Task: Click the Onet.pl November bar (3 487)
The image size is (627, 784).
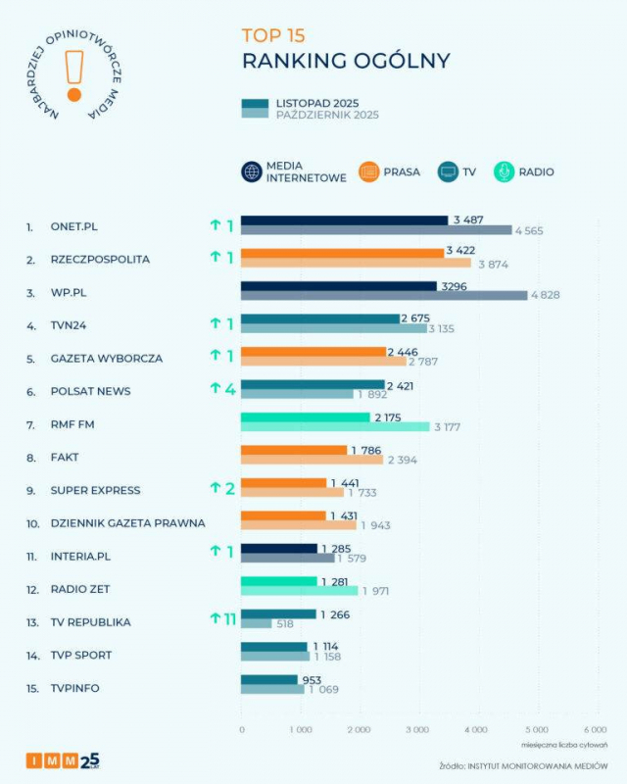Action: pyautogui.click(x=344, y=220)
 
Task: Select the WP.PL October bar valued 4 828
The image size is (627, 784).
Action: pyautogui.click(x=383, y=296)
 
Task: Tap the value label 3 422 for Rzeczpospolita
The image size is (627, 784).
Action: pyautogui.click(x=460, y=252)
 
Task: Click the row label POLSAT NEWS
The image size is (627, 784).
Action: pyautogui.click(x=90, y=391)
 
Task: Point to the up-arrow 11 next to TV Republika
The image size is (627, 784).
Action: pyautogui.click(x=222, y=618)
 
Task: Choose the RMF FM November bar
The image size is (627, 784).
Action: pyautogui.click(x=305, y=417)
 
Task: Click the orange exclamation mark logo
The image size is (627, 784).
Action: pyautogui.click(x=73, y=73)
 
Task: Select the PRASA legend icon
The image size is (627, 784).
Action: pyautogui.click(x=369, y=171)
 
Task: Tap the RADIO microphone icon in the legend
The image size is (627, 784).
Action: pyautogui.click(x=504, y=171)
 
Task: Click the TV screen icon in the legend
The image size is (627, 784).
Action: pyautogui.click(x=449, y=171)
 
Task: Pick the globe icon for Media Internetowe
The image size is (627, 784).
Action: pyautogui.click(x=251, y=171)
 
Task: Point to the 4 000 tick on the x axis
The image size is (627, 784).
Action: pyautogui.click(x=475, y=730)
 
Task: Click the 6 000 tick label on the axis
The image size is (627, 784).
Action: pyautogui.click(x=594, y=730)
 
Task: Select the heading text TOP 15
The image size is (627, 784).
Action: pyautogui.click(x=273, y=36)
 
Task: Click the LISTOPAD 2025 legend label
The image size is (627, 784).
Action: pyautogui.click(x=316, y=103)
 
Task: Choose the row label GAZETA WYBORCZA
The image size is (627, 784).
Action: pyautogui.click(x=107, y=358)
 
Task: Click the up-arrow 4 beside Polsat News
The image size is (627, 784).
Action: pyautogui.click(x=222, y=389)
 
